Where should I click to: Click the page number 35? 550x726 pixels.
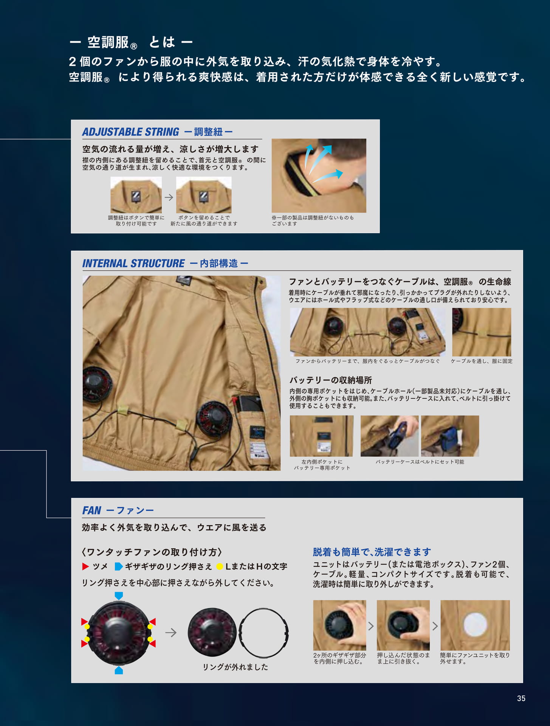pyautogui.click(x=521, y=698)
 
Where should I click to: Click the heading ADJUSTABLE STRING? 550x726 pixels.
pyautogui.click(x=130, y=132)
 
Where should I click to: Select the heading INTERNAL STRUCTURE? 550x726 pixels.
pyautogui.click(x=133, y=264)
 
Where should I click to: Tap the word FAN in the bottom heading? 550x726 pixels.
pyautogui.click(x=92, y=510)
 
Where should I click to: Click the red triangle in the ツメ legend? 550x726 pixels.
pyautogui.click(x=85, y=566)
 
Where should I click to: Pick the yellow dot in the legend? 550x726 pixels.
pyautogui.click(x=219, y=566)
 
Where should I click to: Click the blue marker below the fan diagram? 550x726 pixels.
pyautogui.click(x=119, y=670)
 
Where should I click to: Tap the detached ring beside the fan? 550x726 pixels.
pyautogui.click(x=263, y=609)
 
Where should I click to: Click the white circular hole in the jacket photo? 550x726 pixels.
pyautogui.click(x=475, y=625)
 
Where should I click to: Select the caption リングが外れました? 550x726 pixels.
pyautogui.click(x=235, y=667)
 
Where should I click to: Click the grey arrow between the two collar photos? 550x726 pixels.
pyautogui.click(x=169, y=197)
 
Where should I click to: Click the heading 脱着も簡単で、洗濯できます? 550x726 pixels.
pyautogui.click(x=372, y=552)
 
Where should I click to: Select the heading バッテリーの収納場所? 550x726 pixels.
pyautogui.click(x=331, y=380)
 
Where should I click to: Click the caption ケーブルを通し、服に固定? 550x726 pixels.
pyautogui.click(x=482, y=361)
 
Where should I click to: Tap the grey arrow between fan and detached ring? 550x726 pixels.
pyautogui.click(x=171, y=632)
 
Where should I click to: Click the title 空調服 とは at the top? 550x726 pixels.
pyautogui.click(x=131, y=42)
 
